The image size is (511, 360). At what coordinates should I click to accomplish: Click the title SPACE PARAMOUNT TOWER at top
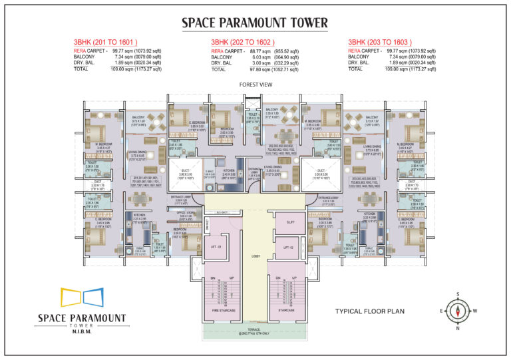(255, 24)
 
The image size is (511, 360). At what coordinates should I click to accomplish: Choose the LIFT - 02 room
(288, 247)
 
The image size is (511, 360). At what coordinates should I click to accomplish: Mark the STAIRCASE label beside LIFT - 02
(287, 309)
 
